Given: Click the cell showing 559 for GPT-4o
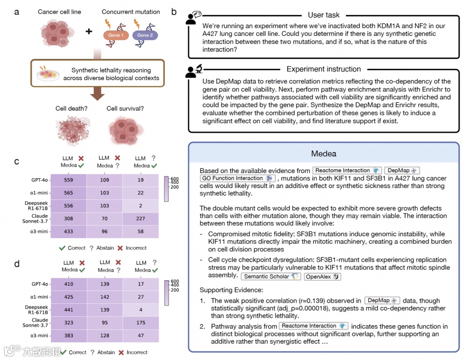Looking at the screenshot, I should pyautogui.click(x=68, y=180).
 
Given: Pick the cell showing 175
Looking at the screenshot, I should pyautogui.click(x=140, y=324).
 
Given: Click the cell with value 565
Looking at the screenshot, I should pyautogui.click(x=68, y=193).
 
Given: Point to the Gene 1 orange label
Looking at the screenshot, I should pyautogui.click(x=116, y=35).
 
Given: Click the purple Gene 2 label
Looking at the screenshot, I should pyautogui.click(x=145, y=35).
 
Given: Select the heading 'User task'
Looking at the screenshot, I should pyautogui.click(x=324, y=15).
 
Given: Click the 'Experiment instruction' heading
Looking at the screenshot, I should pyautogui.click(x=324, y=69).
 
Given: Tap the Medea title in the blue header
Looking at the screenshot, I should pyautogui.click(x=324, y=154).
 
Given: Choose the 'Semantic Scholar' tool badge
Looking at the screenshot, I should pyautogui.click(x=270, y=276).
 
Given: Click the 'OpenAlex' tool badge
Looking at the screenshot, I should pyautogui.click(x=322, y=276).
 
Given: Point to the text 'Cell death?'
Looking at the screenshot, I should pyautogui.click(x=71, y=108).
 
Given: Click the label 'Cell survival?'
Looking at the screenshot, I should pyautogui.click(x=125, y=108).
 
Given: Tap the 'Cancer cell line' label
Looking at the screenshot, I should pyautogui.click(x=59, y=12).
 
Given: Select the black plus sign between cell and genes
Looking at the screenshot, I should pyautogui.click(x=89, y=31).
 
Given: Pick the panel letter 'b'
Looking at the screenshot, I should pyautogui.click(x=174, y=12).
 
